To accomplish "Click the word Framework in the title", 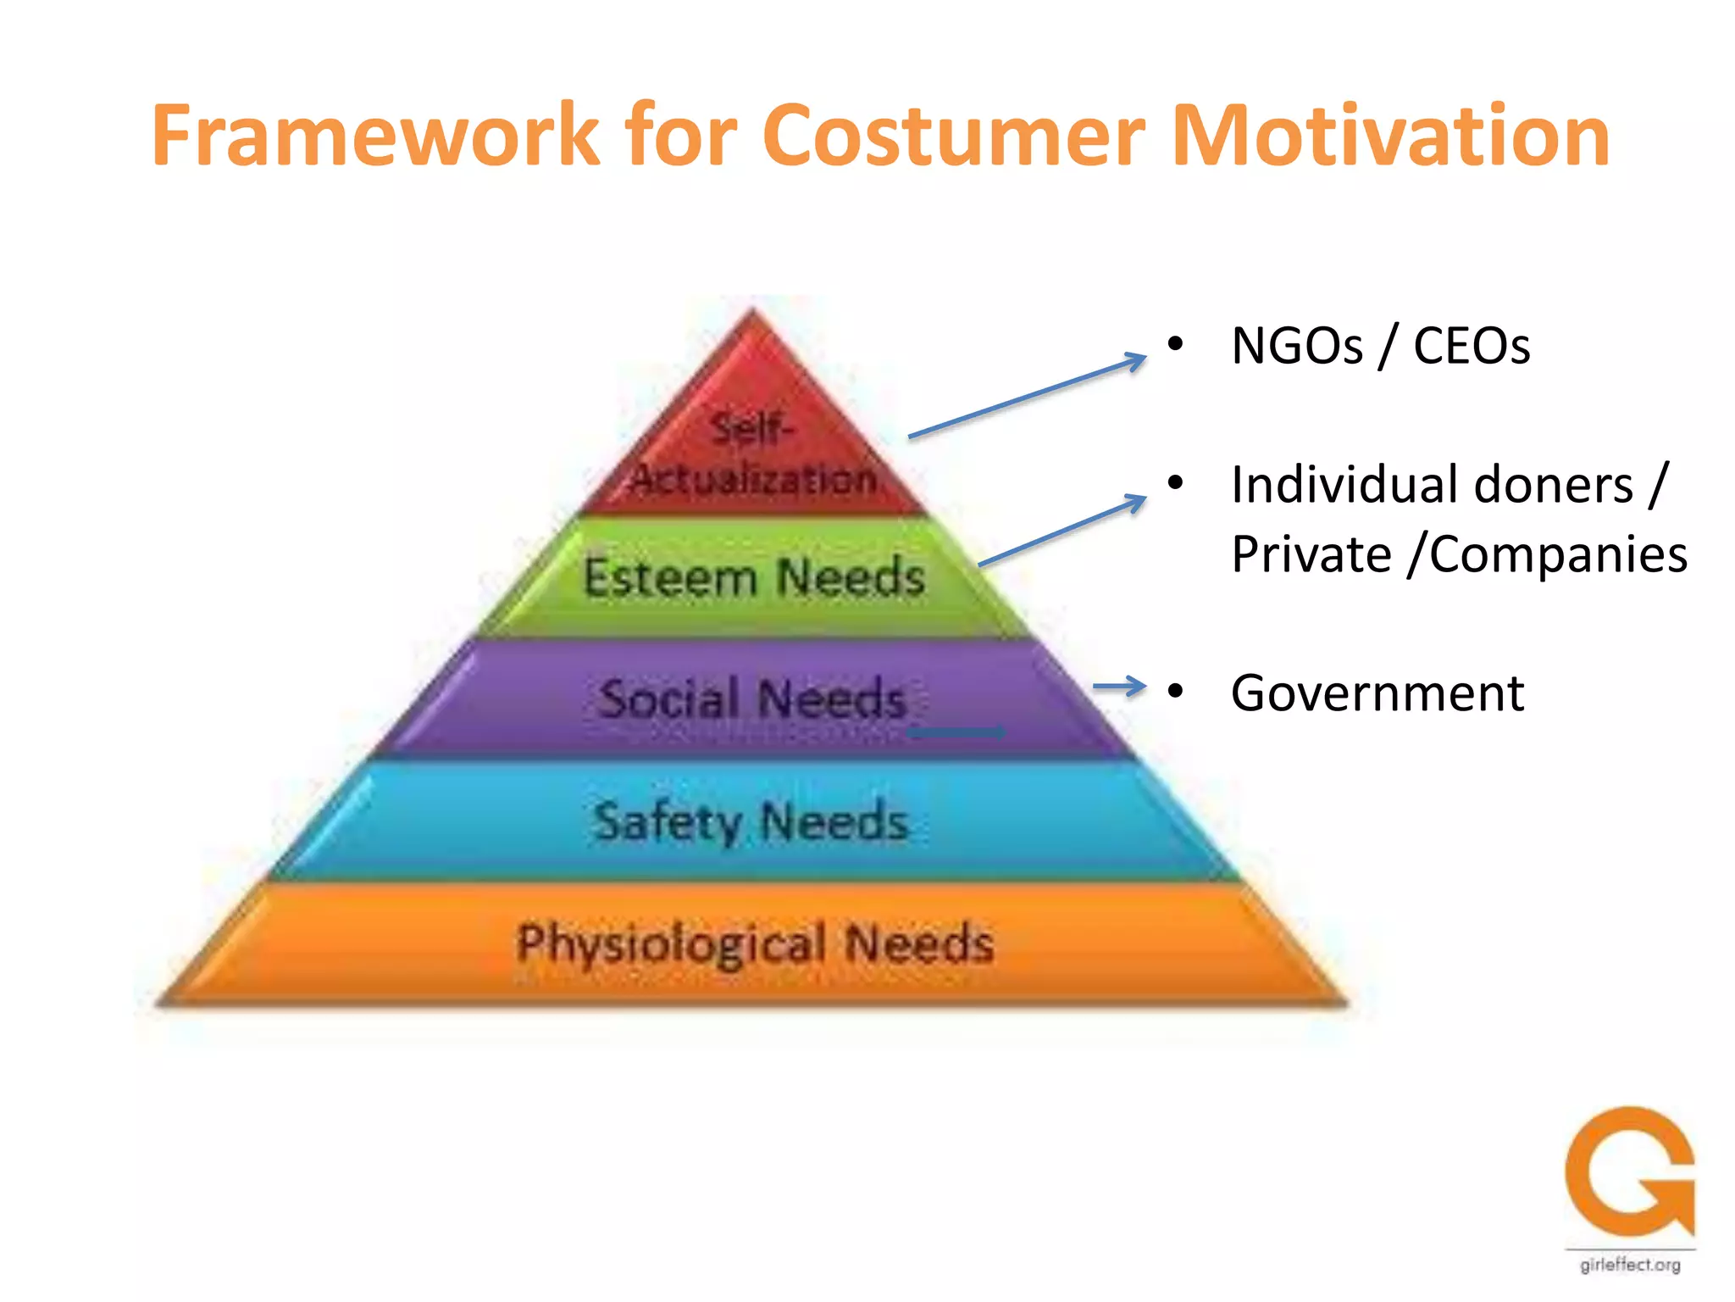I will [375, 136].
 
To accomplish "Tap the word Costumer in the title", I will [953, 136].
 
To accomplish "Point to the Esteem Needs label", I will [753, 578].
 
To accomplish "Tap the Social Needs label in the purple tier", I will [753, 699].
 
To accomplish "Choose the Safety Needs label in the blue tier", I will [751, 821].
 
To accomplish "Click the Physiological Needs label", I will [755, 943].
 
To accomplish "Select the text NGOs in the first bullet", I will [1297, 346].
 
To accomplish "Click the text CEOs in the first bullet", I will [1472, 346].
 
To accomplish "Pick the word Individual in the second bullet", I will [1345, 486].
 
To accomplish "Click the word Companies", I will [1559, 555].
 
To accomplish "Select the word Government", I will [1377, 693].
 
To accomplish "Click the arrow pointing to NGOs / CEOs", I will [1027, 397].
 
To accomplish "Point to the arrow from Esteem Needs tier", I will [1062, 531].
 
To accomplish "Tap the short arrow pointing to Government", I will [1118, 687].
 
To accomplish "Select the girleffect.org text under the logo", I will [1629, 1266].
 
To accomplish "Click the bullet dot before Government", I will [1174, 692].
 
